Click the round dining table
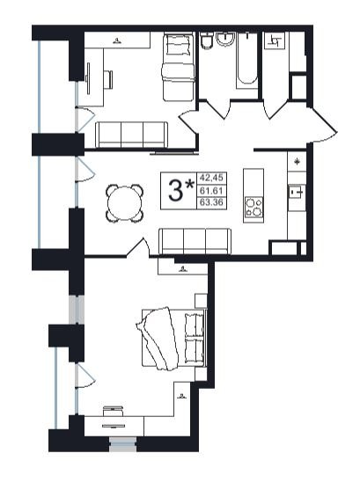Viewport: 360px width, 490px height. pyautogui.click(x=124, y=203)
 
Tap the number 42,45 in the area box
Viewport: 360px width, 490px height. pyautogui.click(x=211, y=178)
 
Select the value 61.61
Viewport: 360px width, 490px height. pyautogui.click(x=211, y=190)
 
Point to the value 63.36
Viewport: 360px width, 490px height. pyautogui.click(x=211, y=202)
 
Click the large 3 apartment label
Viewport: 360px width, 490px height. pyautogui.click(x=175, y=191)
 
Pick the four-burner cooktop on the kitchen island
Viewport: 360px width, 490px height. pyautogui.click(x=253, y=207)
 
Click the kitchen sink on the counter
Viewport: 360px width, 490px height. pyautogui.click(x=297, y=193)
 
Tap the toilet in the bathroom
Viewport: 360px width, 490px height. pyautogui.click(x=207, y=41)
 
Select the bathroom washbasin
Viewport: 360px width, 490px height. pyautogui.click(x=226, y=39)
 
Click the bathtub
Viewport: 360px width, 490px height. pyautogui.click(x=247, y=59)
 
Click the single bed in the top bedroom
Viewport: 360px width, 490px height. pyautogui.click(x=179, y=67)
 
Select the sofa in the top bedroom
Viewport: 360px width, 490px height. pyautogui.click(x=131, y=135)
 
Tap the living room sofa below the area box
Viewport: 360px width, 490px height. pyautogui.click(x=195, y=241)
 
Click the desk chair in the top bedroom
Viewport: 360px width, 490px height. pyautogui.click(x=108, y=80)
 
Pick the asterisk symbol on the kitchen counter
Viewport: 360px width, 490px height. pyautogui.click(x=297, y=162)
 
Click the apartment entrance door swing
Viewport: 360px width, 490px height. pyautogui.click(x=324, y=125)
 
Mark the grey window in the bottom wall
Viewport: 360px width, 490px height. pyautogui.click(x=122, y=444)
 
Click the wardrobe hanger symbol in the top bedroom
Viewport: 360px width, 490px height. pyautogui.click(x=117, y=40)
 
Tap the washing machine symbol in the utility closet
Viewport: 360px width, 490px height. pyautogui.click(x=275, y=40)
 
